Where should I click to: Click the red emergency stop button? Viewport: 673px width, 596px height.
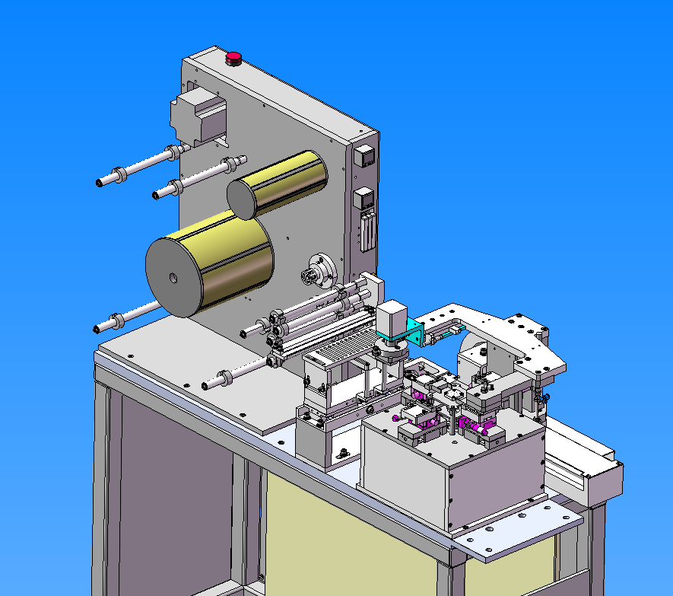[233, 57]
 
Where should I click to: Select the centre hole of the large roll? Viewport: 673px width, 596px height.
[173, 278]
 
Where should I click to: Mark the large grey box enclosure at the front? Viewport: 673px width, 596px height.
[449, 472]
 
